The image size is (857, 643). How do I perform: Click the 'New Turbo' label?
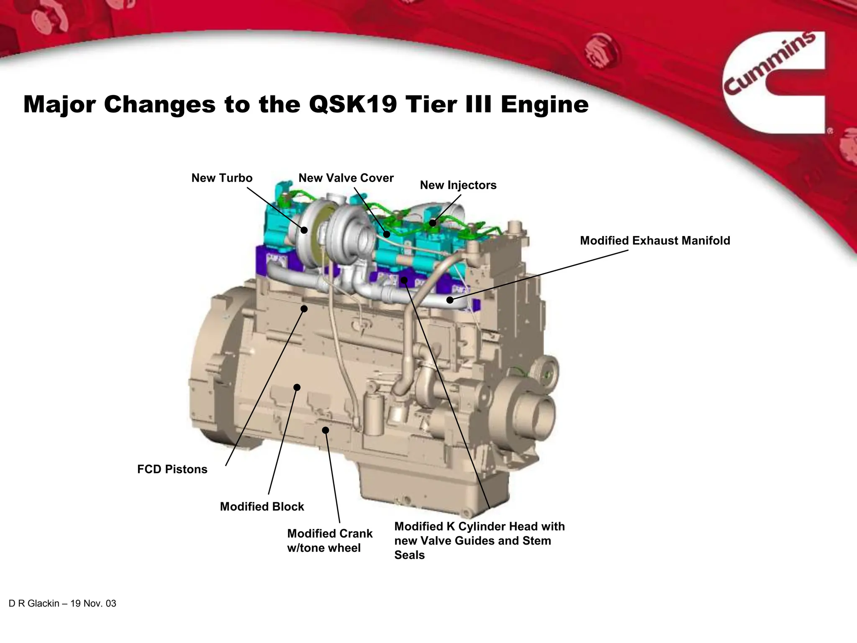(222, 178)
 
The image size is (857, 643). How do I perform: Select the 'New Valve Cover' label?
(346, 178)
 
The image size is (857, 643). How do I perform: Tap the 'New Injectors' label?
(458, 185)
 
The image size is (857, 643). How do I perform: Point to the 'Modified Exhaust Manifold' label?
(655, 241)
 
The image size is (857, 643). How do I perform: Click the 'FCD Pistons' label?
(172, 469)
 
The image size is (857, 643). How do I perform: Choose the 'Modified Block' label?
(262, 507)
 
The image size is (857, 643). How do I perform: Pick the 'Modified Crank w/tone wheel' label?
(329, 540)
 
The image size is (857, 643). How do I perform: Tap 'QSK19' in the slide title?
(352, 104)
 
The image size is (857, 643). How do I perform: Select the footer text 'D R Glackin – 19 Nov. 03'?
(62, 604)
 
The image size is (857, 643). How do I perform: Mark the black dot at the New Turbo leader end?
(304, 230)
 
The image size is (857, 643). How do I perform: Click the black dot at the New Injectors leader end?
(433, 223)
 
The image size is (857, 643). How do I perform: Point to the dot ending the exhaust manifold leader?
(450, 300)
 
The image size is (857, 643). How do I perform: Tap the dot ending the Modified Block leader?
(297, 387)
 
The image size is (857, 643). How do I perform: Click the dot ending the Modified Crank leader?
(326, 430)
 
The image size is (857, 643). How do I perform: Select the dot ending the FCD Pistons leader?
(304, 309)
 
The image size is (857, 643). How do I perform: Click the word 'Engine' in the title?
(544, 104)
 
